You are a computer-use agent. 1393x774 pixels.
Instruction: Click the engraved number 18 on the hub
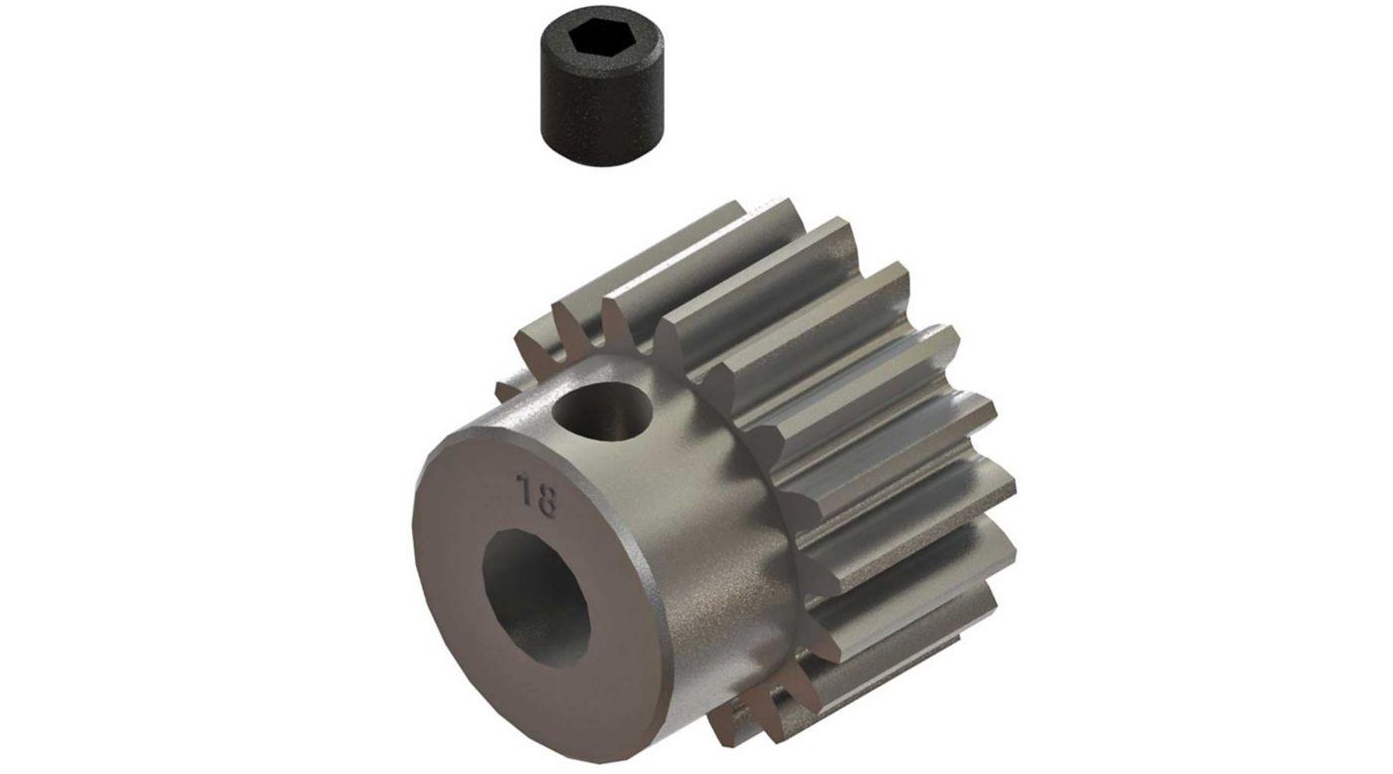click(536, 495)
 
